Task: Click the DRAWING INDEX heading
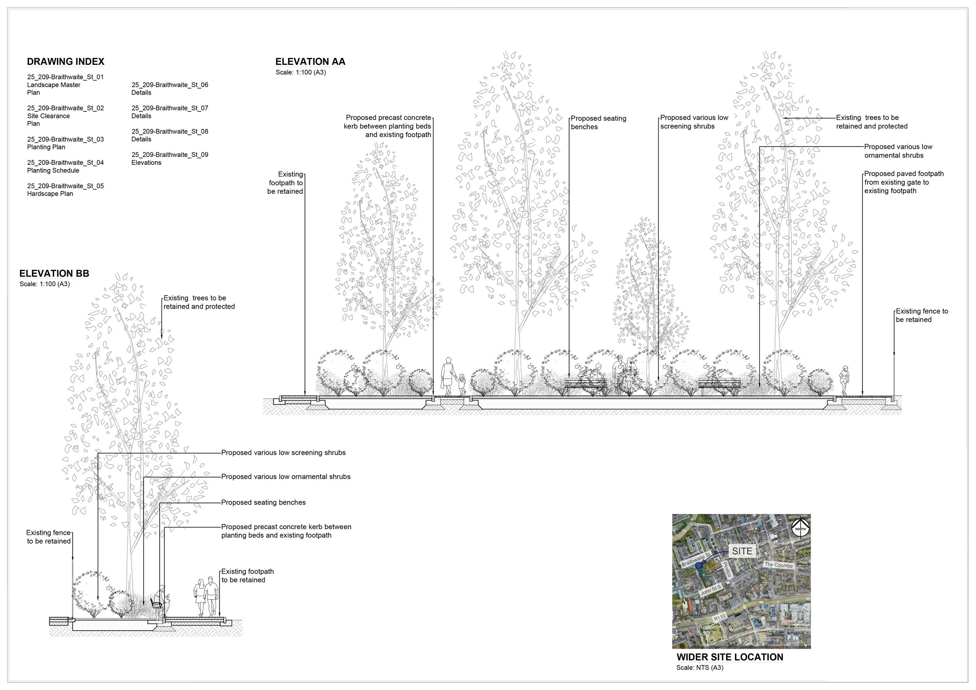pos(66,62)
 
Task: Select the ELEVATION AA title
pos(310,62)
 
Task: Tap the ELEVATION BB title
pos(54,273)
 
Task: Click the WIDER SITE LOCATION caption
pos(730,657)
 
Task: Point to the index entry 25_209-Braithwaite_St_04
pos(66,162)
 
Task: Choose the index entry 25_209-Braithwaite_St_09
pos(169,155)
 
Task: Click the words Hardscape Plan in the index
pos(50,194)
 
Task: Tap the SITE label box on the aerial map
pos(742,551)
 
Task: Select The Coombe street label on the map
pos(779,565)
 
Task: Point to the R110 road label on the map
pos(719,618)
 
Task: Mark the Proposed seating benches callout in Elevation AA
pos(598,123)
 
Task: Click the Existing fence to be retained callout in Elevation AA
pos(922,316)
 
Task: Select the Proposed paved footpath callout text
pos(904,182)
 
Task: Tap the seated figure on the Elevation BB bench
pos(161,600)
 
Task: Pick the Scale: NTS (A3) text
pos(700,668)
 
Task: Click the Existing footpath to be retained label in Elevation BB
pos(248,576)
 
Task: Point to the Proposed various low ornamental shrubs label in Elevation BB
pos(286,476)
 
